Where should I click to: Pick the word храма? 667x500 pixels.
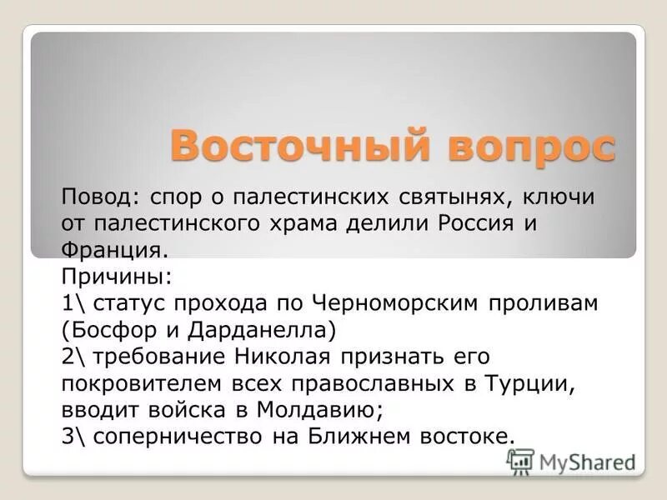(x=326, y=224)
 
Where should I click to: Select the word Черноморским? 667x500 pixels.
(x=394, y=302)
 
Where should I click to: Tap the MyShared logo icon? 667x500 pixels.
(x=520, y=461)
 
